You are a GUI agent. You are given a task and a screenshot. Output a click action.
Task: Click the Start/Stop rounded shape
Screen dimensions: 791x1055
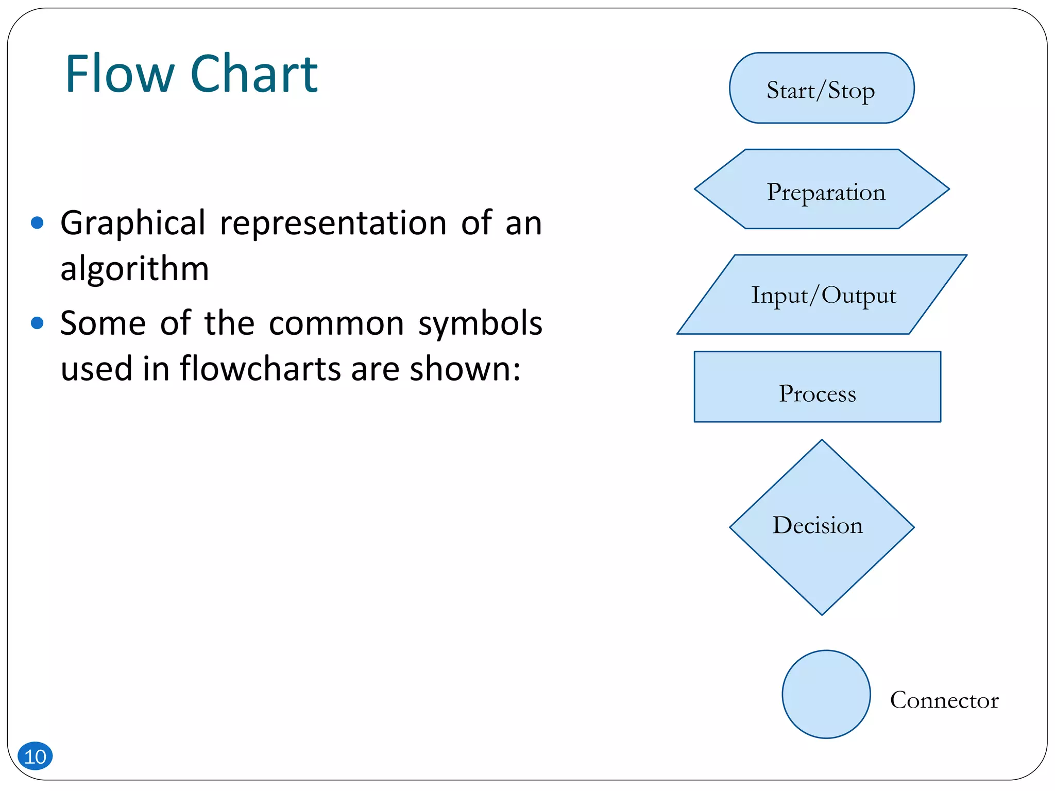point(821,88)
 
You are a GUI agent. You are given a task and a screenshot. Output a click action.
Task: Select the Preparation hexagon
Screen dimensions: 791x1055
point(821,189)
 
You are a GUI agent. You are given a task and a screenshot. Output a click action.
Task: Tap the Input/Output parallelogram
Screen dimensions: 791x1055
point(821,295)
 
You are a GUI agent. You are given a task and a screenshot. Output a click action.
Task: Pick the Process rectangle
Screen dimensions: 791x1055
point(817,387)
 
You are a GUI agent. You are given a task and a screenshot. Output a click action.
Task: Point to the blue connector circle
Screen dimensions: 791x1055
point(826,694)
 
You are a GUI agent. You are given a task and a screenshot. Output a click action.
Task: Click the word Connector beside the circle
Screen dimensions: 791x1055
point(944,700)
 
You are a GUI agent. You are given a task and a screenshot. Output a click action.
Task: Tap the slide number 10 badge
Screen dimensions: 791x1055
point(35,756)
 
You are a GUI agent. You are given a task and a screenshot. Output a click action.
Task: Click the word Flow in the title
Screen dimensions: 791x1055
point(120,74)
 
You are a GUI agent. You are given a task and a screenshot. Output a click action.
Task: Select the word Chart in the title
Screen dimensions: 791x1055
point(254,74)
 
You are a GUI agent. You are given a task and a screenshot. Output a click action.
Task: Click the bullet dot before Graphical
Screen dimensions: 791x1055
point(37,222)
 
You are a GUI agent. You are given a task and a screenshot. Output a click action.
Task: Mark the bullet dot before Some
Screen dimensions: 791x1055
point(37,323)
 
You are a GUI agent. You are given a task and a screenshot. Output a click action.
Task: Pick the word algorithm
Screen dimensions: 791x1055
point(134,269)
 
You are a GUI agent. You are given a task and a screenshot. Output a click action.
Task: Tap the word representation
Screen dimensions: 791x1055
point(333,223)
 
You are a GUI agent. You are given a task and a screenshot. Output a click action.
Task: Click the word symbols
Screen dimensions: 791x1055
point(480,323)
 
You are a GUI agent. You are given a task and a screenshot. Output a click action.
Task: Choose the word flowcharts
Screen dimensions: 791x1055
point(260,369)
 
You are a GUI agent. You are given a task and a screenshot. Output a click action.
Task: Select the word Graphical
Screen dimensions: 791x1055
point(133,224)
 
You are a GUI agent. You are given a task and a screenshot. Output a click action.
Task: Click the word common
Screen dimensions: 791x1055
point(336,324)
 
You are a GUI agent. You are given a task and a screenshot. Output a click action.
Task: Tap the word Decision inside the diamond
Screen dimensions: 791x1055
point(818,525)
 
